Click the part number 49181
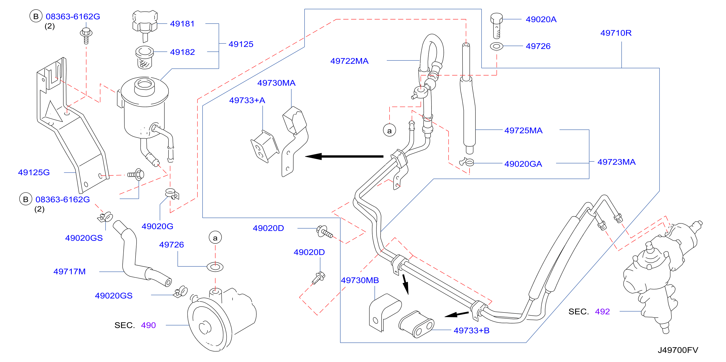pos(182,24)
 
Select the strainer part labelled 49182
pos(145,58)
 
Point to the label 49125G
pos(34,172)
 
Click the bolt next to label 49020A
pos(496,26)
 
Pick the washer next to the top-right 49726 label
pos(496,46)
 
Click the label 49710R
pos(616,33)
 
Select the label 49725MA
pos(523,131)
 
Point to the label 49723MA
pos(616,162)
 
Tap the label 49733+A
pos(247,100)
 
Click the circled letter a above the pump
pos(215,238)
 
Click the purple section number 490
pos(148,325)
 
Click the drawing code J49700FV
pos(678,350)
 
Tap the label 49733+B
pos(471,331)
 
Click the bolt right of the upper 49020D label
pos(325,231)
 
